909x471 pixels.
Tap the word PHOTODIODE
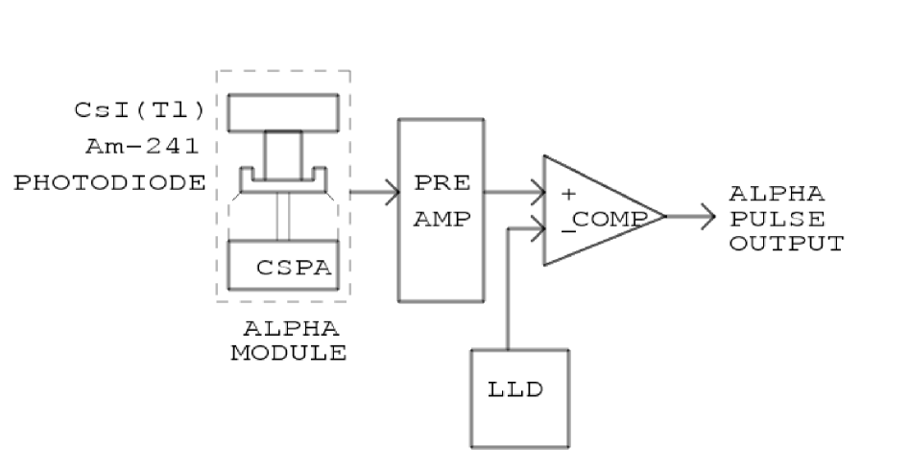111,183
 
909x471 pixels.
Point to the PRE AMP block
439,209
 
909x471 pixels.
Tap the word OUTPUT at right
785,242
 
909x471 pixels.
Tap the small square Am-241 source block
283,156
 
